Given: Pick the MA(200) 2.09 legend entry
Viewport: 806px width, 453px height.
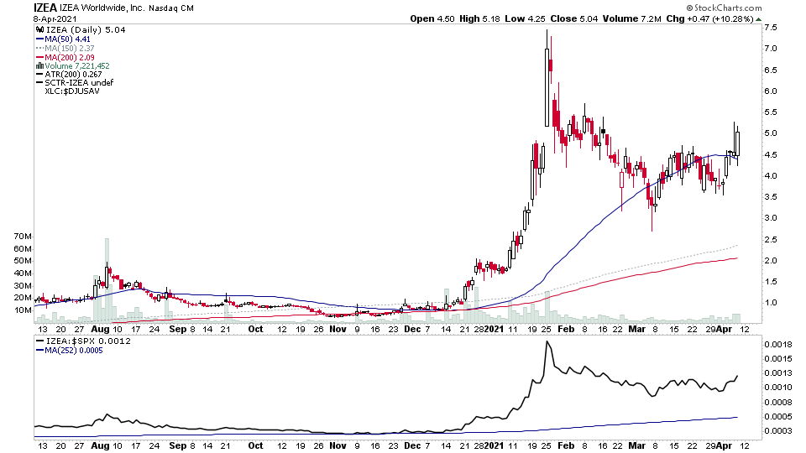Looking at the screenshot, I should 70,56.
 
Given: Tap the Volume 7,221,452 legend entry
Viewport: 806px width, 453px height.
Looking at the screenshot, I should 78,65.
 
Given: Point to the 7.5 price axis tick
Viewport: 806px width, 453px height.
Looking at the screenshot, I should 769,28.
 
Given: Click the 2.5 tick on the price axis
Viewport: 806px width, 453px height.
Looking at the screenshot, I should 769,239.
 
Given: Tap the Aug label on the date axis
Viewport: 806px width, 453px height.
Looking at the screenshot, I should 98,329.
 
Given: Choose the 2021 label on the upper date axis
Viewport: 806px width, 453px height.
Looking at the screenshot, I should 499,329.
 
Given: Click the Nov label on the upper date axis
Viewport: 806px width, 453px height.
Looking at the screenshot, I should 337,329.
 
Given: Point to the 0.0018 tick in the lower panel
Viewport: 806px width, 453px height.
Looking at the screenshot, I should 775,345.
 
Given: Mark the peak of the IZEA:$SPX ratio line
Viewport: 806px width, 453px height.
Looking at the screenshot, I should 547,342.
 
